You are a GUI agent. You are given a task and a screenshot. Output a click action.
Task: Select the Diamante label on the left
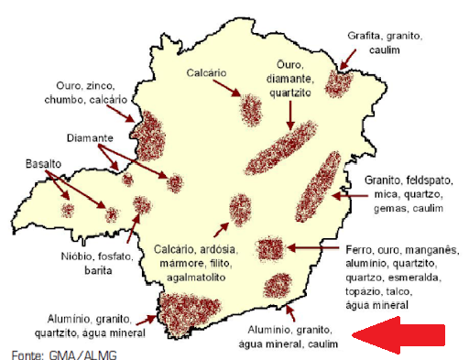click(x=90, y=137)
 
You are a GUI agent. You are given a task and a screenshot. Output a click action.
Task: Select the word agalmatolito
click(x=196, y=276)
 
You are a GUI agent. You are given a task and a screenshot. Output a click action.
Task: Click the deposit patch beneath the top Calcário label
click(x=250, y=111)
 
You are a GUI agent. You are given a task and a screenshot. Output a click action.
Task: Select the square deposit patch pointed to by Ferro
click(x=269, y=249)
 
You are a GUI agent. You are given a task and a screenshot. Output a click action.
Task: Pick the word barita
click(x=86, y=271)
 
